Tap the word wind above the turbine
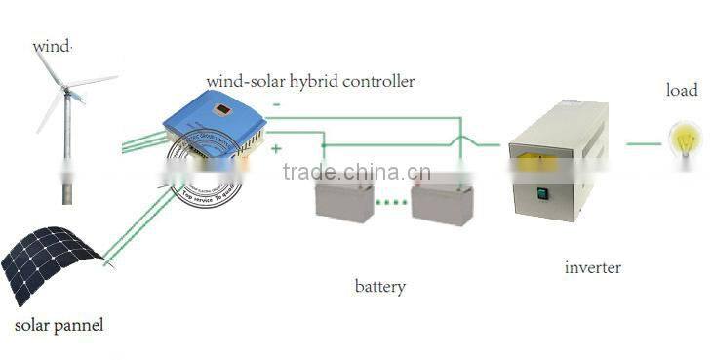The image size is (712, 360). click(53, 46)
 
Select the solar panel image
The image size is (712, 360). click(51, 262)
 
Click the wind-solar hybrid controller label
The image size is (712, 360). click(309, 81)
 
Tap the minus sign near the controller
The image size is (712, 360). click(277, 103)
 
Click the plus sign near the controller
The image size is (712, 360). click(277, 149)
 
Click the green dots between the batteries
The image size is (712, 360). click(392, 203)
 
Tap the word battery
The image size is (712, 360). click(379, 287)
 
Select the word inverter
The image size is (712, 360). click(593, 267)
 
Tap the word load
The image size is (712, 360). click(682, 91)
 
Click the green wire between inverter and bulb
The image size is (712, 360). click(644, 143)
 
